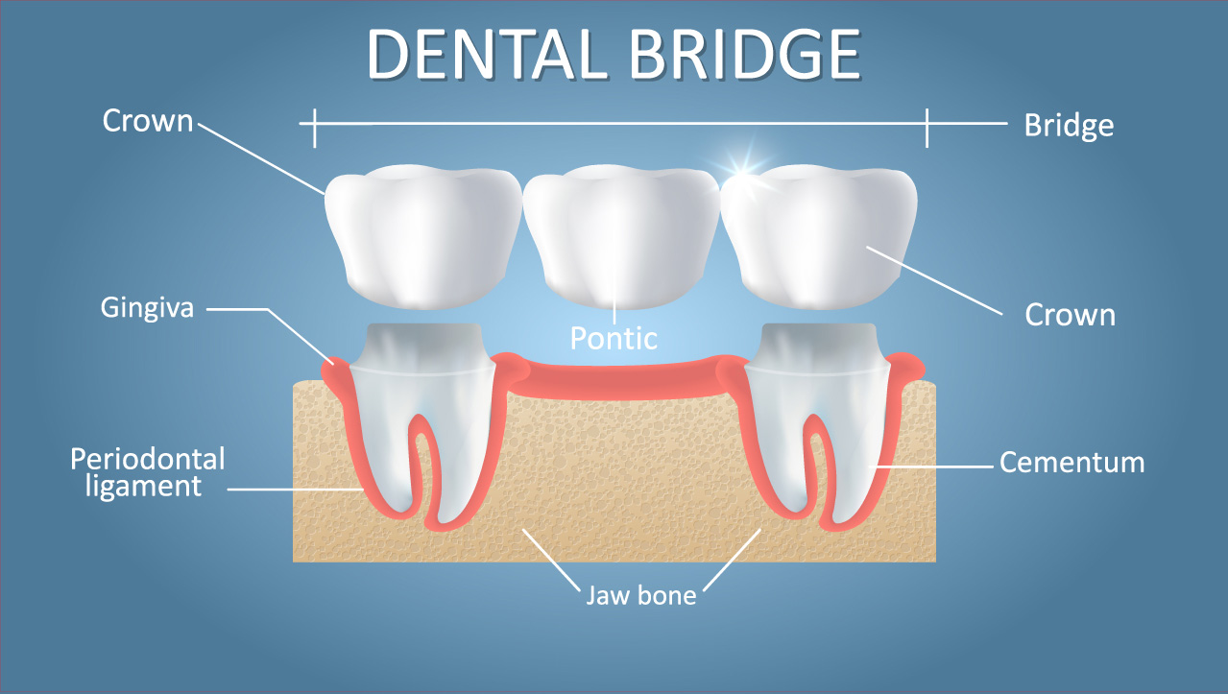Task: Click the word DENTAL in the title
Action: coord(488,55)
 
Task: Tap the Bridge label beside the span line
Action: coord(1069,126)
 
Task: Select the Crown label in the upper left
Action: coord(148,121)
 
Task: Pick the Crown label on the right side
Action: coord(1071,315)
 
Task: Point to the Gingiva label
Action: coord(147,308)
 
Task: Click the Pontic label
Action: coord(614,338)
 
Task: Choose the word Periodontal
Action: coord(148,459)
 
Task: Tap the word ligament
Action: coord(144,487)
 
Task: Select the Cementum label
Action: coord(1072,462)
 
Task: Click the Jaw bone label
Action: coord(640,595)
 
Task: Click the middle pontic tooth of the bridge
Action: coord(621,237)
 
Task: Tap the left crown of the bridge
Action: coord(423,237)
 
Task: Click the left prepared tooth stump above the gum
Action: coord(423,347)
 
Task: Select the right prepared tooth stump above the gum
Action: coord(818,347)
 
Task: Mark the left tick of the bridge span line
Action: coord(315,128)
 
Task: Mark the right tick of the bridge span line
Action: coord(927,128)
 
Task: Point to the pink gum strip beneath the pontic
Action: coord(621,378)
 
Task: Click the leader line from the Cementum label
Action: coord(935,467)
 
